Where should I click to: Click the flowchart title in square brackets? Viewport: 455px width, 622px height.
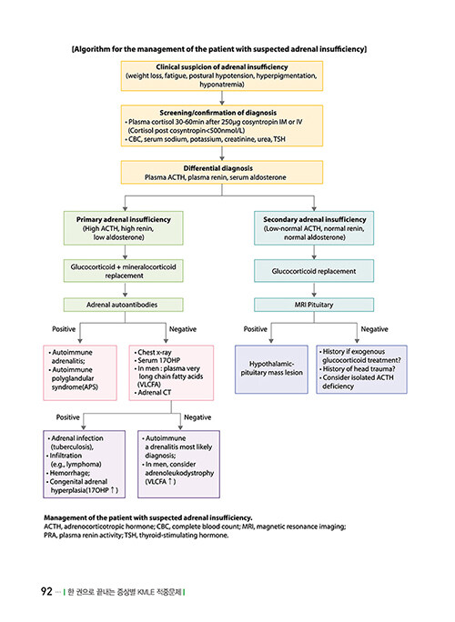pos(219,49)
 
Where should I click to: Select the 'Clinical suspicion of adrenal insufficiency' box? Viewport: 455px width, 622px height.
pos(222,75)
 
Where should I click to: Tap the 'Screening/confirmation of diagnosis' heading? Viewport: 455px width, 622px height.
pos(218,113)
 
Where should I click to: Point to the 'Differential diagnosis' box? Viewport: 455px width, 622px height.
pos(222,172)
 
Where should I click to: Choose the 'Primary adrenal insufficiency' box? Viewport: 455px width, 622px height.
pos(124,228)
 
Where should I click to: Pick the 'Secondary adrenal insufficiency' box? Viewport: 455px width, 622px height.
pos(314,228)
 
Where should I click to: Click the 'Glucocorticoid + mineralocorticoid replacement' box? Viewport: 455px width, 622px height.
pos(124,271)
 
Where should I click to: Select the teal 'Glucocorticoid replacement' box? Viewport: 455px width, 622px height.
pos(314,271)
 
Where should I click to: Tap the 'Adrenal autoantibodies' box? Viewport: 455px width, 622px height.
pos(124,305)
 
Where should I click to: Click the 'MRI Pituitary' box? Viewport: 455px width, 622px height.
pos(314,305)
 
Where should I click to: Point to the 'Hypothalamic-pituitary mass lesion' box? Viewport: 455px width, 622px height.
pos(271,369)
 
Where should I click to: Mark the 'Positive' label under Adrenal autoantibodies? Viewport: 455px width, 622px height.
pos(64,329)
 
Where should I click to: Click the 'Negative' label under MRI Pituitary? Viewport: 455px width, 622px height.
pos(374,329)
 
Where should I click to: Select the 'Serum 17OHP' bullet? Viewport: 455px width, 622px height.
pos(157,360)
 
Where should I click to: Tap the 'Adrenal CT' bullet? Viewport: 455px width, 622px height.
pos(153,392)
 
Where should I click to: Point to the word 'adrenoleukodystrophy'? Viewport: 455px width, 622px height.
pos(179,473)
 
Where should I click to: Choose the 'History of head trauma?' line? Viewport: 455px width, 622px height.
pos(358,368)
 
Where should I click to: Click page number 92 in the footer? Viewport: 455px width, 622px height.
pos(46,591)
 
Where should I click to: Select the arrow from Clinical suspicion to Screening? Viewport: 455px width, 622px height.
pos(222,98)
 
